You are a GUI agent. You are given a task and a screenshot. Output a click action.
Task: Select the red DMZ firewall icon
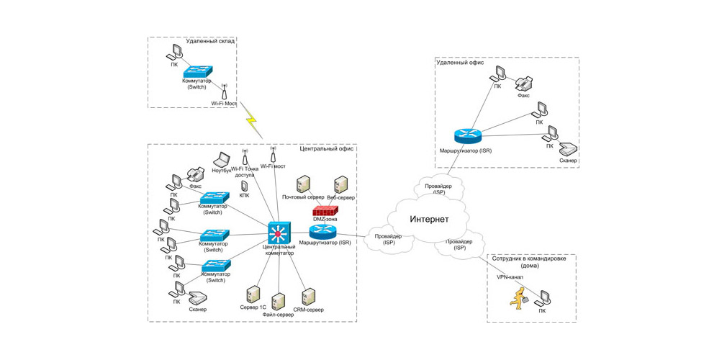pyautogui.click(x=325, y=212)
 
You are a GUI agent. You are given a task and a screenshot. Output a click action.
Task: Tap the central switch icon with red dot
pyautogui.click(x=277, y=233)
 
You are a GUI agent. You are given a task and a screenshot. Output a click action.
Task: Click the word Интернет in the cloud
pyautogui.click(x=429, y=219)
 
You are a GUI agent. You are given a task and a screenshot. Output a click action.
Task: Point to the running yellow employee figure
pyautogui.click(x=517, y=296)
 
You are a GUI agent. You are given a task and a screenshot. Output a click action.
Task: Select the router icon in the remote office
pyautogui.click(x=465, y=136)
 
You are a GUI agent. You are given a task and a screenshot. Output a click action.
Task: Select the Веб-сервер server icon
pyautogui.click(x=340, y=184)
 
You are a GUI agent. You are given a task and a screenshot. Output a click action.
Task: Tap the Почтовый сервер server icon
pyautogui.click(x=304, y=184)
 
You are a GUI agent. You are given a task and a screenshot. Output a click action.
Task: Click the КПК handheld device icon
pyautogui.click(x=244, y=186)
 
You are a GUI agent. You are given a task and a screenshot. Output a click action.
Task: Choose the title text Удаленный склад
pyautogui.click(x=210, y=41)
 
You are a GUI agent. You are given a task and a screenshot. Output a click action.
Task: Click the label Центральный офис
pyautogui.click(x=328, y=148)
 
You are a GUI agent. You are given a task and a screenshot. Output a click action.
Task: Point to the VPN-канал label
pyautogui.click(x=510, y=276)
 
